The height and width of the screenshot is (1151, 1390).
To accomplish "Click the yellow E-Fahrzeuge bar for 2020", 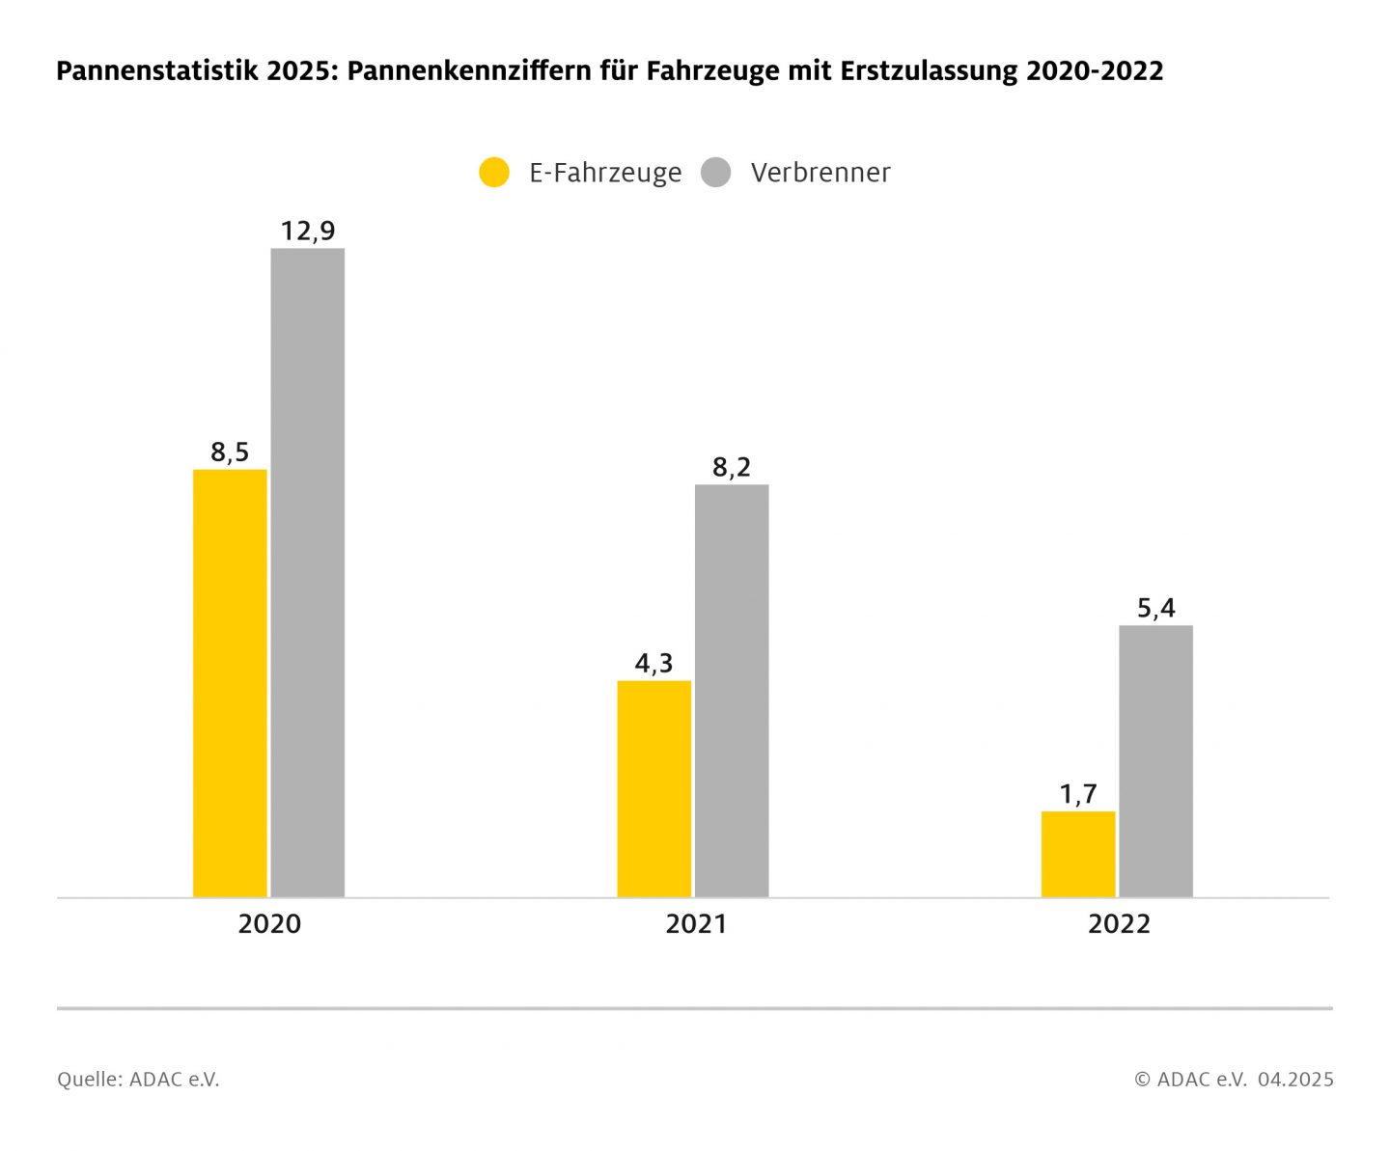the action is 230,683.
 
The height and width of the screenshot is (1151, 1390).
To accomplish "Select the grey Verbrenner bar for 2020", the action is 307,572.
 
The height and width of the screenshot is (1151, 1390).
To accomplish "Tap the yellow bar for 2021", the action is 653,788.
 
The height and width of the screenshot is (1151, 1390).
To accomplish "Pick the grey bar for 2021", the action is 732,691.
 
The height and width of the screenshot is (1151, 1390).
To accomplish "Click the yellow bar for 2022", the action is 1077,854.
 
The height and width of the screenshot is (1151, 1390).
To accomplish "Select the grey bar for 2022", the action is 1155,761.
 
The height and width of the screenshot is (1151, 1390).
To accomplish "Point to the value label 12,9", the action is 308,231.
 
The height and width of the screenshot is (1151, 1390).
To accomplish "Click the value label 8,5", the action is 230,452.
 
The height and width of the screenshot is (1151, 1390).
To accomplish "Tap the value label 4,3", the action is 653,663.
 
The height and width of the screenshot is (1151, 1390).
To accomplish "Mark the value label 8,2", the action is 732,467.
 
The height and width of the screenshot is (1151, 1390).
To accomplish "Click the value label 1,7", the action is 1077,794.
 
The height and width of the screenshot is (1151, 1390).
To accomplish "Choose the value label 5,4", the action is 1155,608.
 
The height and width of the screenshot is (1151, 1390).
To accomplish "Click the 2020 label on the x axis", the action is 269,923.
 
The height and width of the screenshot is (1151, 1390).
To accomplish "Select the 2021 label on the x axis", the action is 695,923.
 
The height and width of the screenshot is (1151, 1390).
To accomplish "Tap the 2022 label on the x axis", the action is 1119,923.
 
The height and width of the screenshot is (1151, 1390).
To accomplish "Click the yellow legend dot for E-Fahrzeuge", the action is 494,173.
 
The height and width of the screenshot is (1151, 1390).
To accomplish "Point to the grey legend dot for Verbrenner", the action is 715,173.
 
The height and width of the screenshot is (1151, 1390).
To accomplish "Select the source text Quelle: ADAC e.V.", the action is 138,1079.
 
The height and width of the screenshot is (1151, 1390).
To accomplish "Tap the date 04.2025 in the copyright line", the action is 1294,1079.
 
